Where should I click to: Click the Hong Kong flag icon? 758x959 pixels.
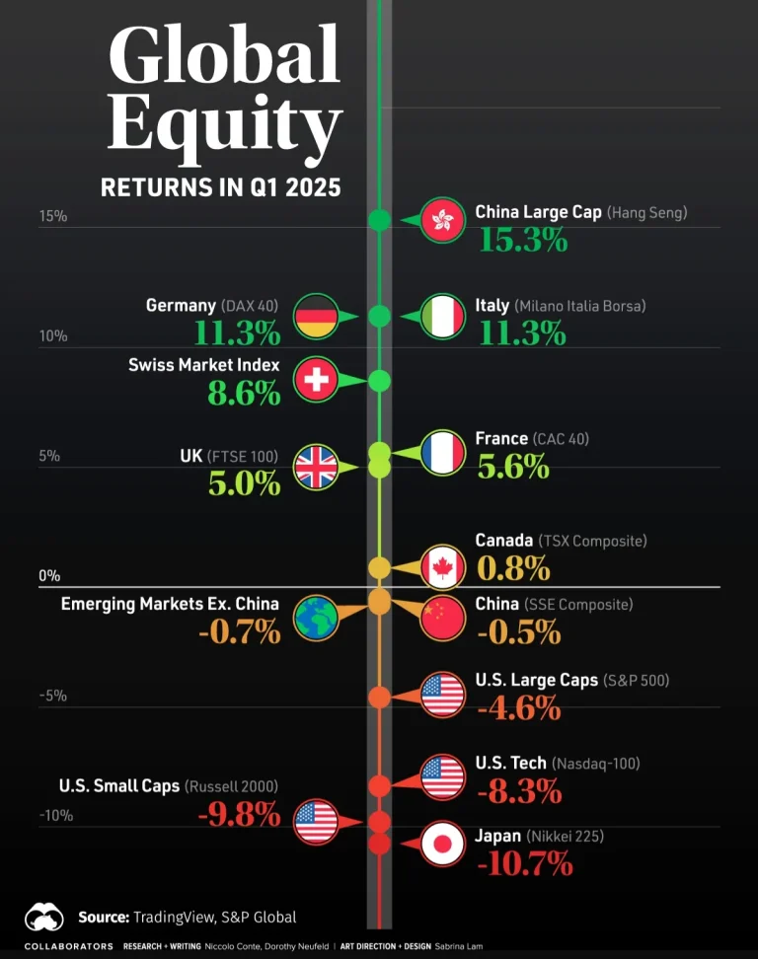(442, 220)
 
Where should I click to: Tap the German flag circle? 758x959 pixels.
(316, 317)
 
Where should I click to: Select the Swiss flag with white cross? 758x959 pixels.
(316, 380)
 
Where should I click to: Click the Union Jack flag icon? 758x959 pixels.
(316, 467)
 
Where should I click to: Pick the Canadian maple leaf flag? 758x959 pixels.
(442, 567)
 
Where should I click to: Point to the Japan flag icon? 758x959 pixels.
(442, 844)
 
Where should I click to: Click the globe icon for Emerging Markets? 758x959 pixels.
(316, 616)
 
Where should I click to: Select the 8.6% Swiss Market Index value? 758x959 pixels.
(244, 392)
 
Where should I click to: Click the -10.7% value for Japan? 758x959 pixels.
(524, 863)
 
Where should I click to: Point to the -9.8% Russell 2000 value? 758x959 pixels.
(238, 814)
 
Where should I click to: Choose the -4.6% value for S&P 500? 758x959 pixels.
(518, 707)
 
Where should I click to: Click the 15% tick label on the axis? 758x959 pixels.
(53, 216)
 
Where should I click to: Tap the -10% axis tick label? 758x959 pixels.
(55, 816)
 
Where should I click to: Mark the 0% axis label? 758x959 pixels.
(49, 576)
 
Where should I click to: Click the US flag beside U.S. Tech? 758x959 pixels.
(442, 776)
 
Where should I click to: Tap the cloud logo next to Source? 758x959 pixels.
(44, 918)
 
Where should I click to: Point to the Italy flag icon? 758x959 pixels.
(442, 317)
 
